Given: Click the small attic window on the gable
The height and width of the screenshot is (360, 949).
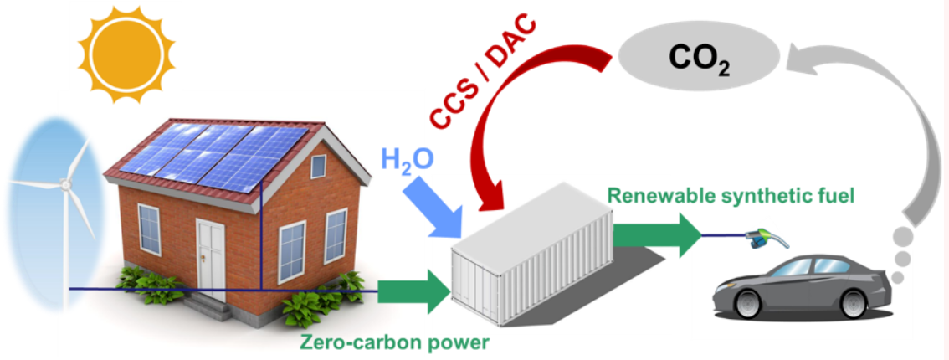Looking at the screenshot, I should [x=318, y=166].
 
